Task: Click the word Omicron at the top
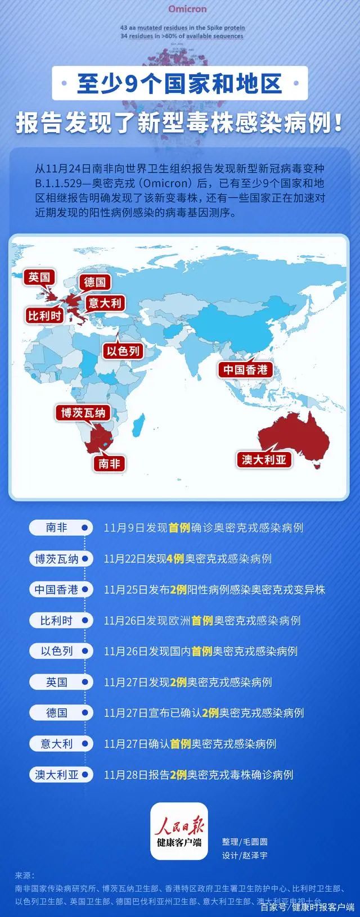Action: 187,9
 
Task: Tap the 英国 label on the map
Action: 39,277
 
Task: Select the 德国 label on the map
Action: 94,282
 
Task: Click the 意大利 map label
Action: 105,304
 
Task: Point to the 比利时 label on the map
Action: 45,316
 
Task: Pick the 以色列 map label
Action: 124,352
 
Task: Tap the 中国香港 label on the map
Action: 245,369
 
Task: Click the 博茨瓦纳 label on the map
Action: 83,413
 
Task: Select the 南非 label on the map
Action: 109,464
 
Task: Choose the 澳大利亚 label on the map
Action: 264,459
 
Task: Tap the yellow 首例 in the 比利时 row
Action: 202,621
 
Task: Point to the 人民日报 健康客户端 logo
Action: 179,831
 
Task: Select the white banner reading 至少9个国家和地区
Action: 179,83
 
